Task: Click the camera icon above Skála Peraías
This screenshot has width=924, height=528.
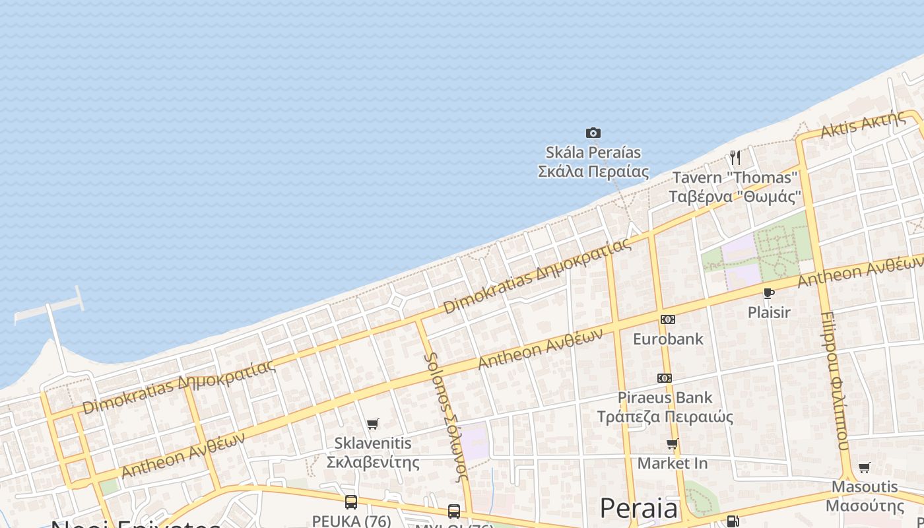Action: (x=593, y=133)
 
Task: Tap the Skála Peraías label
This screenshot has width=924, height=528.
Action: (x=593, y=162)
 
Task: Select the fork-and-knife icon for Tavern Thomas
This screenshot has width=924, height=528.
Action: (x=735, y=157)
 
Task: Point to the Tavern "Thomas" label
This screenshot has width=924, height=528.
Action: (x=735, y=187)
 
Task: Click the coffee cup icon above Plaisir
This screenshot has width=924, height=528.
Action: (x=768, y=293)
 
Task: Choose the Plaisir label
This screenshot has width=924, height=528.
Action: (x=769, y=312)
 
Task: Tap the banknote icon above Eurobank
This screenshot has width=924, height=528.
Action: (x=667, y=319)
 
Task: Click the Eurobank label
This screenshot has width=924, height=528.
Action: (x=668, y=339)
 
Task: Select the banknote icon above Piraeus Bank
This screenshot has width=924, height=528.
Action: (x=664, y=378)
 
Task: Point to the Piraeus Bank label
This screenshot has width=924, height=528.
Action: (x=665, y=407)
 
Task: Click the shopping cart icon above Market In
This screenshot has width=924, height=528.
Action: (x=672, y=444)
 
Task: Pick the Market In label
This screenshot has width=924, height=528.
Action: (x=672, y=463)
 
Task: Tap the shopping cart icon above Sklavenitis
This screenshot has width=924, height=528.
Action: (x=373, y=424)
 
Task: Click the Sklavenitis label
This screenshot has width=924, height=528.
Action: (x=373, y=452)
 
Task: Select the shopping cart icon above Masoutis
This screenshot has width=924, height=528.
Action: (x=864, y=467)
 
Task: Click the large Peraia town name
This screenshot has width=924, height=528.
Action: (x=638, y=509)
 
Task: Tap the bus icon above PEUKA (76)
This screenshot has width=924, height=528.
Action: (x=351, y=502)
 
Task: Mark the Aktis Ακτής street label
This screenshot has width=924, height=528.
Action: (x=863, y=124)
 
